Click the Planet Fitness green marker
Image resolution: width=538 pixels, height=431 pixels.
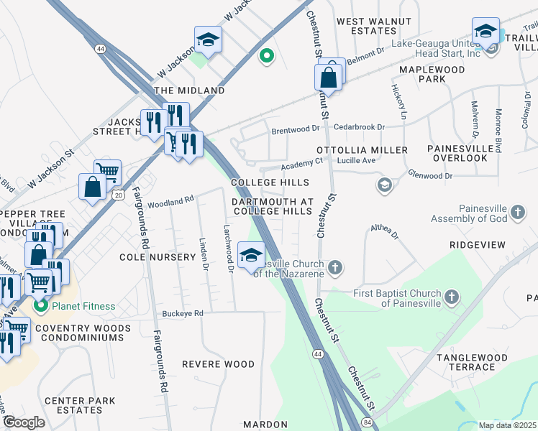(x=41, y=306)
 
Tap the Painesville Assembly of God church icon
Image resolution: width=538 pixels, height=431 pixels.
(x=519, y=212)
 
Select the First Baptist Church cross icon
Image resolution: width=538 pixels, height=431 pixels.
(x=451, y=297)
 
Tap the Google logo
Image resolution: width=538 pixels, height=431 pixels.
(x=23, y=422)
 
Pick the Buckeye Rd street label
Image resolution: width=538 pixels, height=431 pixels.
(x=183, y=313)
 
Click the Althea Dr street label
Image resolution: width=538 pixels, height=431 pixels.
(x=384, y=230)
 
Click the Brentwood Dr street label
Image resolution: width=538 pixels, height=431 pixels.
(x=295, y=130)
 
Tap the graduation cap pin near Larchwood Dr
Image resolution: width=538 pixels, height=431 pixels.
(x=252, y=256)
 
